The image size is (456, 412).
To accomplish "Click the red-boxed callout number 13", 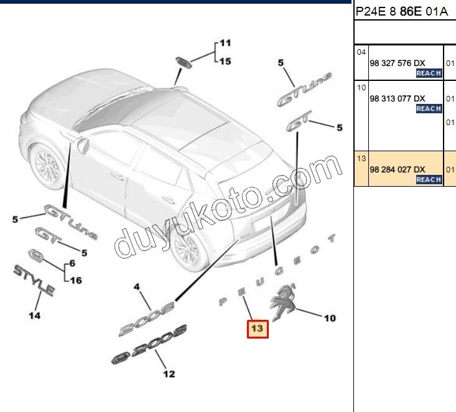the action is pos(258,329).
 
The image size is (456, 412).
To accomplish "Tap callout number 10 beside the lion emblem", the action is pos(330,318).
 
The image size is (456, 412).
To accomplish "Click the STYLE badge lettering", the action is pos(34,280).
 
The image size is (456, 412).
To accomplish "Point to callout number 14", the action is pos(35,315).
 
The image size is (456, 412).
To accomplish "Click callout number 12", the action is pos(169,373).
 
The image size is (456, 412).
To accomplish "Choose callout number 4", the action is pos(137,287).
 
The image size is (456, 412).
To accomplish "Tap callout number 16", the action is pos(76,280).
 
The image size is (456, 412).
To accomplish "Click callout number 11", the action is pos(225,43).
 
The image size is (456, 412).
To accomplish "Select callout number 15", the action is pos(225,61).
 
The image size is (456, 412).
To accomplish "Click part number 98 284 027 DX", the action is pos(398,169).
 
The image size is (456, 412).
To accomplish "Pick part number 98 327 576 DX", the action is pos(398,63).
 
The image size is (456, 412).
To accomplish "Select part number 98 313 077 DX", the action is pos(398,98).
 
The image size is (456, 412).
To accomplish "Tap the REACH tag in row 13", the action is pos(429,179).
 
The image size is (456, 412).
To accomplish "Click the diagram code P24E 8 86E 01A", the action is pos(402,12).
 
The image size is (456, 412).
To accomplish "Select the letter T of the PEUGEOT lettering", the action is pos(332,238).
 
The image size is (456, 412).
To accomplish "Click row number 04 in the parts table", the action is pos(361,52).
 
